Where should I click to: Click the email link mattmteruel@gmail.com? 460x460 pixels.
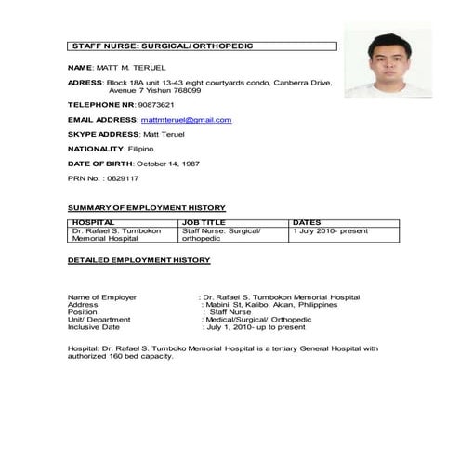tap(186, 120)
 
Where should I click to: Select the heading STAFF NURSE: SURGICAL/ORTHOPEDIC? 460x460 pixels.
tap(162, 46)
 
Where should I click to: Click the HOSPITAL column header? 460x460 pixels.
tap(93, 223)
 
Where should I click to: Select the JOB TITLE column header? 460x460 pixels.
tap(204, 223)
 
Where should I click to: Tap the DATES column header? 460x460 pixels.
tap(307, 223)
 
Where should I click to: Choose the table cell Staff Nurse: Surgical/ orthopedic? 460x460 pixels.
tap(222, 234)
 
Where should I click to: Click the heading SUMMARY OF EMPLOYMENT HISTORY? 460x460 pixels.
tap(147, 207)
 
